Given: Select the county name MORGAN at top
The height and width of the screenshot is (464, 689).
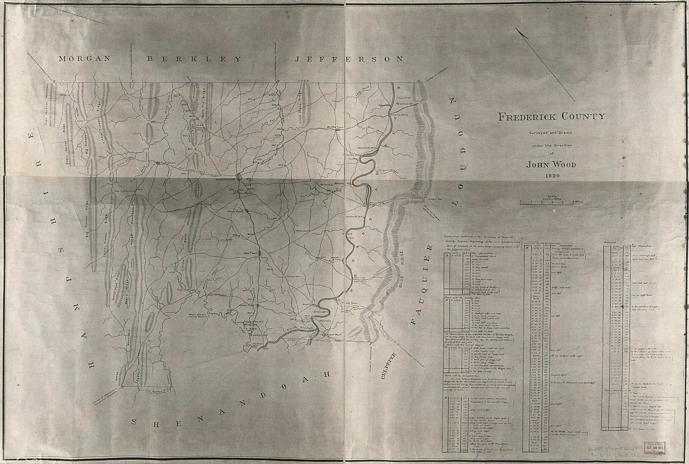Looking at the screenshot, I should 84,59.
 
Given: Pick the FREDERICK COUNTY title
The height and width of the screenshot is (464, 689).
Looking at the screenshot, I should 551,117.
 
